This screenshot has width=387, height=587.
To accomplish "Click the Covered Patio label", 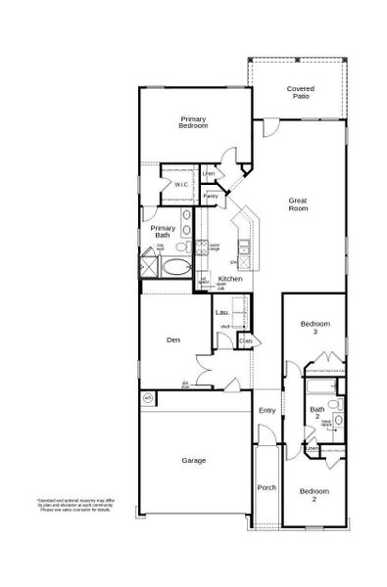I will tap(300, 93).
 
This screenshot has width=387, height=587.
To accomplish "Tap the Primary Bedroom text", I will tap(193, 122).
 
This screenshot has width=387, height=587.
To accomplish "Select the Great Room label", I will tap(298, 204).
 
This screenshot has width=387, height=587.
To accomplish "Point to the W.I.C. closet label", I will tap(182, 184).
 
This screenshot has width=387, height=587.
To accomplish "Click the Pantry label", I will tap(210, 196).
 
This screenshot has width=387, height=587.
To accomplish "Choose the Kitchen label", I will tap(230, 279).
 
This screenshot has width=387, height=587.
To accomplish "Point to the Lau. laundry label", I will tap(222, 312).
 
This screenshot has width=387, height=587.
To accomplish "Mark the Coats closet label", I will tap(246, 341).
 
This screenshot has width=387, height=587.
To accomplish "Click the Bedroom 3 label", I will tap(315, 328).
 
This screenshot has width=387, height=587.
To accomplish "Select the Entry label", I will tap(266, 410).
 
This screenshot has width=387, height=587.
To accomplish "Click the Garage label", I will tap(193, 459).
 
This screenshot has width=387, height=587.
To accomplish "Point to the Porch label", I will tap(266, 487).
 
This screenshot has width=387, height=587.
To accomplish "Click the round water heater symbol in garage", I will tap(148, 398).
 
